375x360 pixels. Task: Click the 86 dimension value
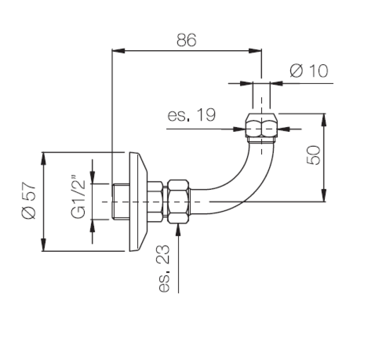tap(186, 40)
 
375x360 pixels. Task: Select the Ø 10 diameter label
tap(309, 71)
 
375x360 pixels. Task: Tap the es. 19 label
tap(192, 115)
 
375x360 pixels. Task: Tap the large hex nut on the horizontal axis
tap(179, 201)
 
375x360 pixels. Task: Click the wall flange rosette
tap(137, 201)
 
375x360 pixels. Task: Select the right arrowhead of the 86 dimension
tap(255, 50)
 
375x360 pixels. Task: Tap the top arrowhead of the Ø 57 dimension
tap(44, 157)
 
